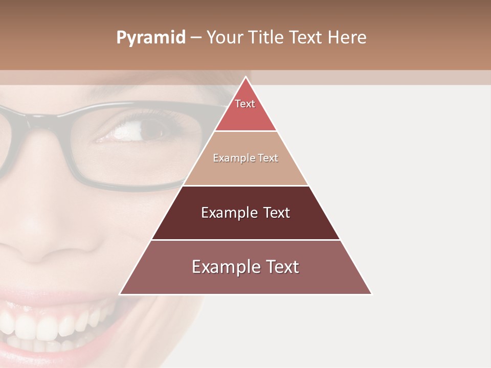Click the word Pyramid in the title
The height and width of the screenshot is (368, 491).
tap(151, 38)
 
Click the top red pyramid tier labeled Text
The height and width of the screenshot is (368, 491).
tap(245, 110)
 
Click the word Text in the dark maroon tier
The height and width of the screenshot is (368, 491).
tap(275, 213)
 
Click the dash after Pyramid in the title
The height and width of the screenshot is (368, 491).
tap(195, 38)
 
